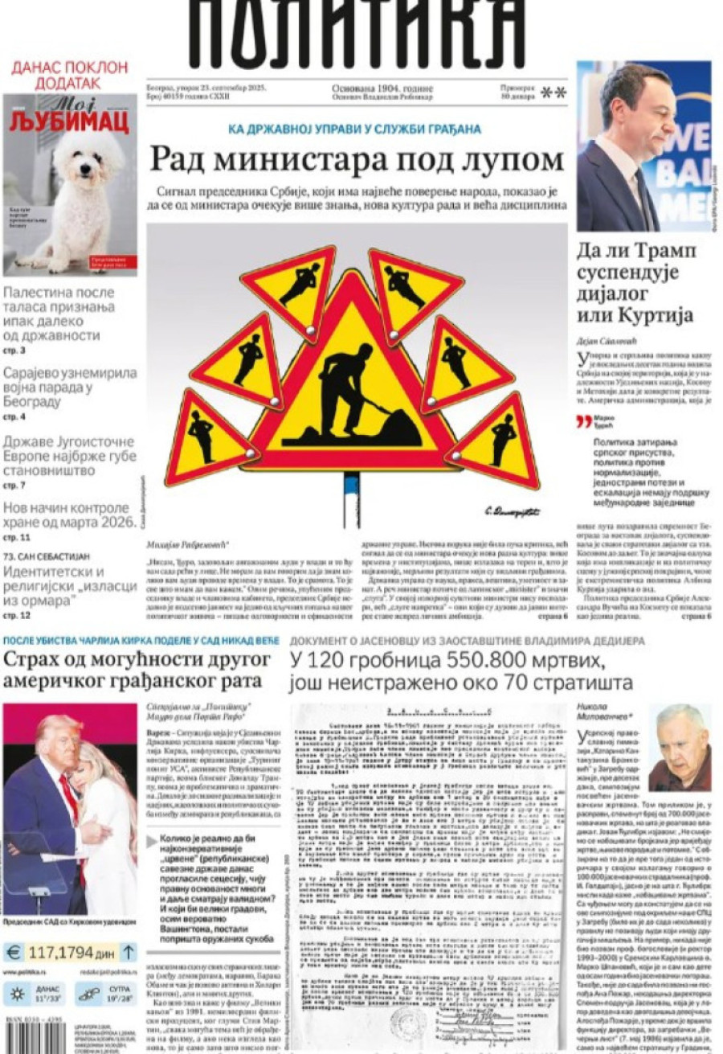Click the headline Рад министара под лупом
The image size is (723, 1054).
click(357, 158)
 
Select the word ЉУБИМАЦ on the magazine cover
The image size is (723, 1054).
click(69, 122)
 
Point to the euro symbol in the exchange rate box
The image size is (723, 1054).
click(14, 953)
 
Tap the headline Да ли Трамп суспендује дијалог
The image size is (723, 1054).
click(635, 282)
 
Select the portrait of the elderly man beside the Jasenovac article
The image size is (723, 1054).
click(679, 747)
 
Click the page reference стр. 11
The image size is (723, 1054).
click(17, 536)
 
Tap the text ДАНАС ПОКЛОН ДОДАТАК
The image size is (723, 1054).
click(69, 75)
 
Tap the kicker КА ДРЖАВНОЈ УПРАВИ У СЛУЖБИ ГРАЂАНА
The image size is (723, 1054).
click(354, 129)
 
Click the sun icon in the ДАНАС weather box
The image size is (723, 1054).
click(17, 993)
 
